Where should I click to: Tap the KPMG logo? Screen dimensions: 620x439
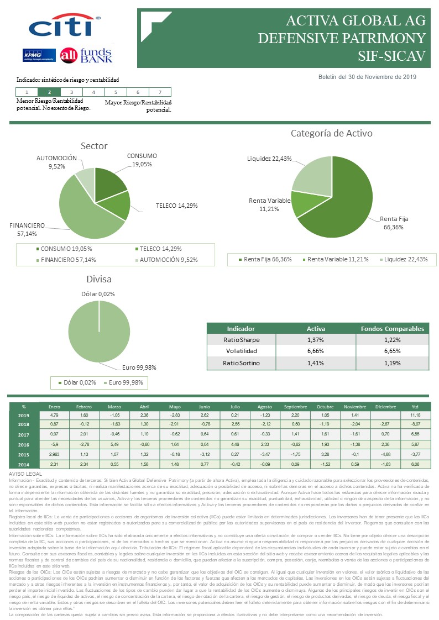point(38,55)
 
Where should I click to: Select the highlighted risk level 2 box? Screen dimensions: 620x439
point(50,92)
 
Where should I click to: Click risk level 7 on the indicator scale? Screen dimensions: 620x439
point(160,92)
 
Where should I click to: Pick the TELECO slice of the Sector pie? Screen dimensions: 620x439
point(121,205)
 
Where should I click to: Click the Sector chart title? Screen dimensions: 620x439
point(94,146)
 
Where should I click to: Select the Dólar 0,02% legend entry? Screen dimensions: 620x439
point(77,382)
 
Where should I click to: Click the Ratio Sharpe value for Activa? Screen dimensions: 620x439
point(316,340)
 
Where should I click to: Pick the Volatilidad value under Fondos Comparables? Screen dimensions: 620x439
point(391,351)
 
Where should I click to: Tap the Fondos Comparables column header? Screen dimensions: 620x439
point(391,328)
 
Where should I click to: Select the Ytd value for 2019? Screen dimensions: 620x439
point(414,415)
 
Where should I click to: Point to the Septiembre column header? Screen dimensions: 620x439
point(295,406)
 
